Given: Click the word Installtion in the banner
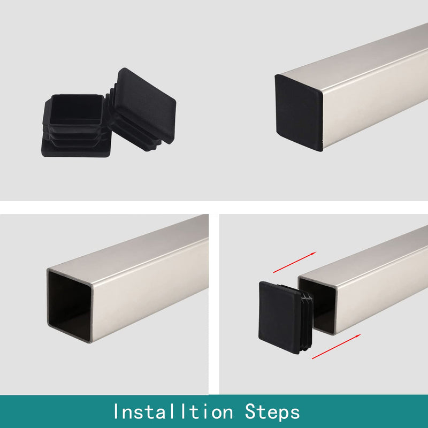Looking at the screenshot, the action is (173, 411).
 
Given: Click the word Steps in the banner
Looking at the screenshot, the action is (272, 412).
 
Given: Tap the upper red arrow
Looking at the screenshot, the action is (295, 262).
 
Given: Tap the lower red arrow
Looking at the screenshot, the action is (337, 346).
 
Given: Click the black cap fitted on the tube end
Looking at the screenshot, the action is (299, 112).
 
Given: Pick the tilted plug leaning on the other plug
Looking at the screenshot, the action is (142, 109).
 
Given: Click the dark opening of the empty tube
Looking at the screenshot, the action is (70, 305).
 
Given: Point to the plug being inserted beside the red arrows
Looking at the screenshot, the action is (286, 317).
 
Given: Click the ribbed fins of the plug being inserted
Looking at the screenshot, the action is (307, 320).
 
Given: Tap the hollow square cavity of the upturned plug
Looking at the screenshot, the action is (77, 109).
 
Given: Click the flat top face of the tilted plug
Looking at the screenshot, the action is (145, 105).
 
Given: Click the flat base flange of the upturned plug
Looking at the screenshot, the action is (76, 149).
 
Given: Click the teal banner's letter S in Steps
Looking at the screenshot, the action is (251, 411).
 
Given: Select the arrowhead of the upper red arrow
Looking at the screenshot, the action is (313, 254).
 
